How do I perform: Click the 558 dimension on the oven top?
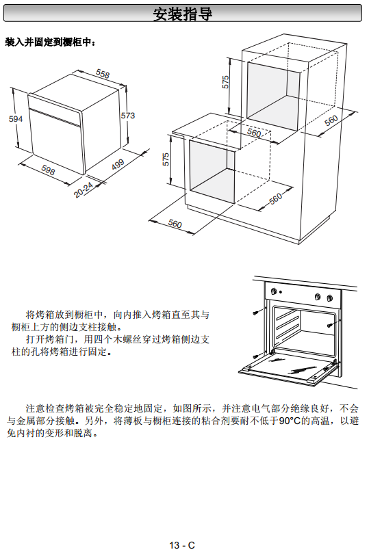tap(103, 74)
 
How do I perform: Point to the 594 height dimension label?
tap(16, 119)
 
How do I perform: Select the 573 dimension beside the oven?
tap(128, 116)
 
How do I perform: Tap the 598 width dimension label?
tap(49, 170)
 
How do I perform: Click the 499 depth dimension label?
tap(118, 164)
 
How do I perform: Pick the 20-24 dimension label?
tap(84, 189)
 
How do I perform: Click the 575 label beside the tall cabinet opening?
tap(225, 82)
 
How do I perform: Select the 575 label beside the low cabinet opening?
tap(166, 159)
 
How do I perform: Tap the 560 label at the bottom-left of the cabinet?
tap(175, 223)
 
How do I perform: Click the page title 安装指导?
tap(183, 14)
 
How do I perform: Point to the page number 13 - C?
tap(182, 545)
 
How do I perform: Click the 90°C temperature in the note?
tap(290, 421)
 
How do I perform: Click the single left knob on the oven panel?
tap(273, 291)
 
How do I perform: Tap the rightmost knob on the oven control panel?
tap(329, 298)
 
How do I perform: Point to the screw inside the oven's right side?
tap(329, 325)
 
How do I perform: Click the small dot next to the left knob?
tap(281, 292)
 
